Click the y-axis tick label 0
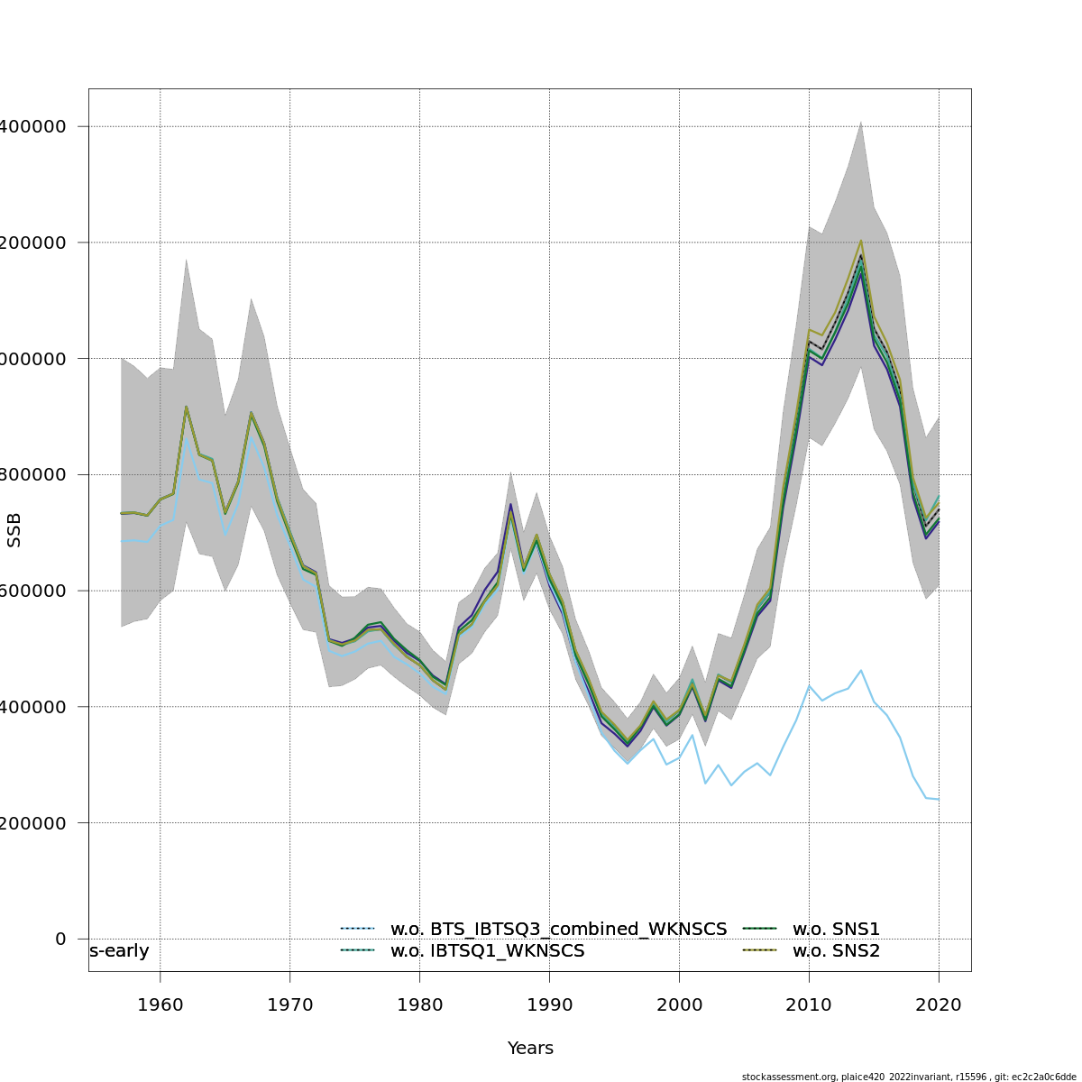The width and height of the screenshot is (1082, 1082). click(60, 939)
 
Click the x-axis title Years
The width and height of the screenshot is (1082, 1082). click(530, 1048)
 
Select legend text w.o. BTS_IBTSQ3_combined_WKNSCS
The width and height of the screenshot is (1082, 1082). click(558, 929)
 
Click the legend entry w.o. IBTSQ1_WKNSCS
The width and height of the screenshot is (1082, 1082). click(487, 951)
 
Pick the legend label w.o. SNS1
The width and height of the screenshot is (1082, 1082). click(836, 929)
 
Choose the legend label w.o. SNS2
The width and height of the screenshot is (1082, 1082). click(836, 951)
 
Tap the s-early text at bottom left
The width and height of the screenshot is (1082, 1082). click(119, 951)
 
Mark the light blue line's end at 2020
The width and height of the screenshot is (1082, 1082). click(939, 799)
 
